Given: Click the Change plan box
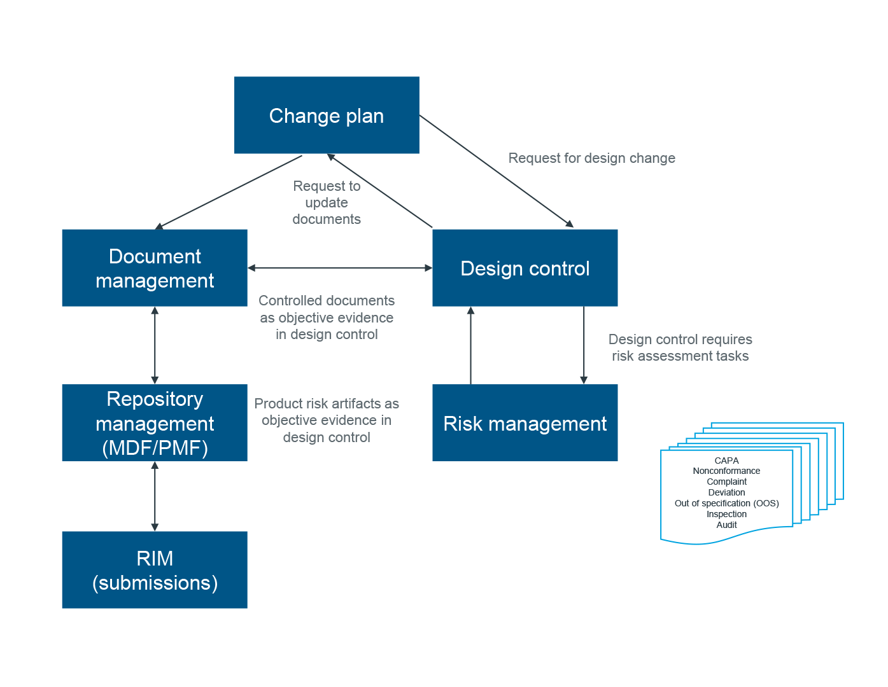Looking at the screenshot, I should tap(327, 115).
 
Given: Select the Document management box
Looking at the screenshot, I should tap(155, 268).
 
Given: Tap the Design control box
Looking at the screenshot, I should tap(525, 268).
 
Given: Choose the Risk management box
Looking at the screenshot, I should tap(525, 423).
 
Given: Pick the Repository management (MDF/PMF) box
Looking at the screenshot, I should tap(155, 423).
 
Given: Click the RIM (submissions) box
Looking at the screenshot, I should tap(155, 570).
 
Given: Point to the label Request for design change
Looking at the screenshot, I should tap(591, 158).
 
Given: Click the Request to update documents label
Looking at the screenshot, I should tap(327, 202).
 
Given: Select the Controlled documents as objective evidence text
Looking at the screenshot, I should tap(327, 317).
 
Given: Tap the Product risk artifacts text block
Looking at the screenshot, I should tap(327, 420).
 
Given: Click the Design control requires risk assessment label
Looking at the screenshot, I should tap(680, 347).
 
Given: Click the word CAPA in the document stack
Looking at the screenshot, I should tap(726, 461).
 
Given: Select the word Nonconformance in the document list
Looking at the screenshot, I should tap(726, 471).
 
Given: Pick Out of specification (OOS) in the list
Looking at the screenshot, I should tap(726, 503).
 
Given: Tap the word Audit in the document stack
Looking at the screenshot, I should tap(726, 525).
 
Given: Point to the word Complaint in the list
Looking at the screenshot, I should tap(726, 482).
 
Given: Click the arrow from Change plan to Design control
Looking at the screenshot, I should tap(497, 171).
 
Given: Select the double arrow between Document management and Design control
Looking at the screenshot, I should tap(340, 268).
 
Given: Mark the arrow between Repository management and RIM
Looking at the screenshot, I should tap(155, 496).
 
